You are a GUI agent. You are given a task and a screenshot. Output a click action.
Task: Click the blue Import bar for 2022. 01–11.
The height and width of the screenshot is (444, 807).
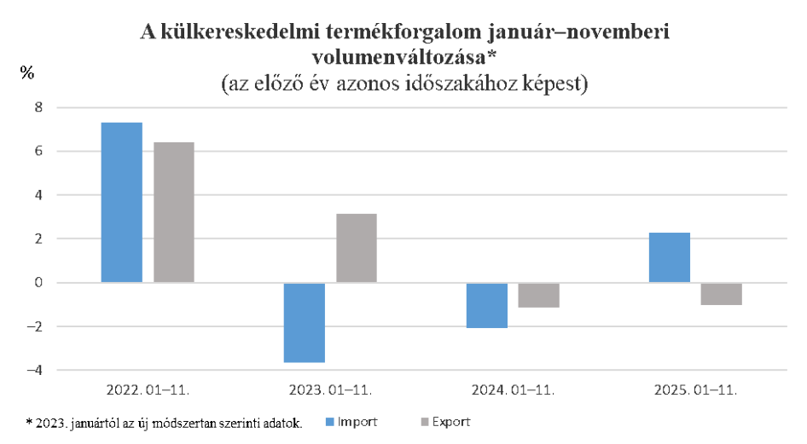tap(121, 202)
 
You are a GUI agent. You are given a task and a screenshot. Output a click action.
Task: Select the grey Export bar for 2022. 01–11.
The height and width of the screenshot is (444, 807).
tap(174, 211)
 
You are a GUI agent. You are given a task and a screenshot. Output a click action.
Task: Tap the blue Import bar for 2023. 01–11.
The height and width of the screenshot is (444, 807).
tap(304, 323)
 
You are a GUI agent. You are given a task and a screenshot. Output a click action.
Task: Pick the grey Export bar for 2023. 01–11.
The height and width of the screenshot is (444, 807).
tap(357, 247)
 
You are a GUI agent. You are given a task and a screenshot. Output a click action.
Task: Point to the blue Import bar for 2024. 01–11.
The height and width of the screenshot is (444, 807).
tap(486, 305)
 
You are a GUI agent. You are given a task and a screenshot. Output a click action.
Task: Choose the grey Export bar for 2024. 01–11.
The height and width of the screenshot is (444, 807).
tap(539, 295)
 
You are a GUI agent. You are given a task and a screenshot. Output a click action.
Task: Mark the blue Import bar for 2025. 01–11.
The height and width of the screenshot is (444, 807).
tap(670, 257)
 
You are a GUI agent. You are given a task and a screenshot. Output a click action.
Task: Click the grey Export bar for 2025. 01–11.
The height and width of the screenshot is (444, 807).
tap(722, 293)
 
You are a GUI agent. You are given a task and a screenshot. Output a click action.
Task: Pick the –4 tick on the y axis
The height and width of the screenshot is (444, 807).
tap(34, 370)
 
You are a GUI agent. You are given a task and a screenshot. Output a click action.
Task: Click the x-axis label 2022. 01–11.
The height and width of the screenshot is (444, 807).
tap(148, 391)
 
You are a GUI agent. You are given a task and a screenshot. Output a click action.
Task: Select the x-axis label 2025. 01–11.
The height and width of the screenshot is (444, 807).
tap(695, 391)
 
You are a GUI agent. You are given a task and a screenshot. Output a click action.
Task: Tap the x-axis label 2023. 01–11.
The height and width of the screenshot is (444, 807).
tap(330, 391)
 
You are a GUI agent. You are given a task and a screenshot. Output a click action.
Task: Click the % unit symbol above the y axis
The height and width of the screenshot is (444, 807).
tap(27, 73)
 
